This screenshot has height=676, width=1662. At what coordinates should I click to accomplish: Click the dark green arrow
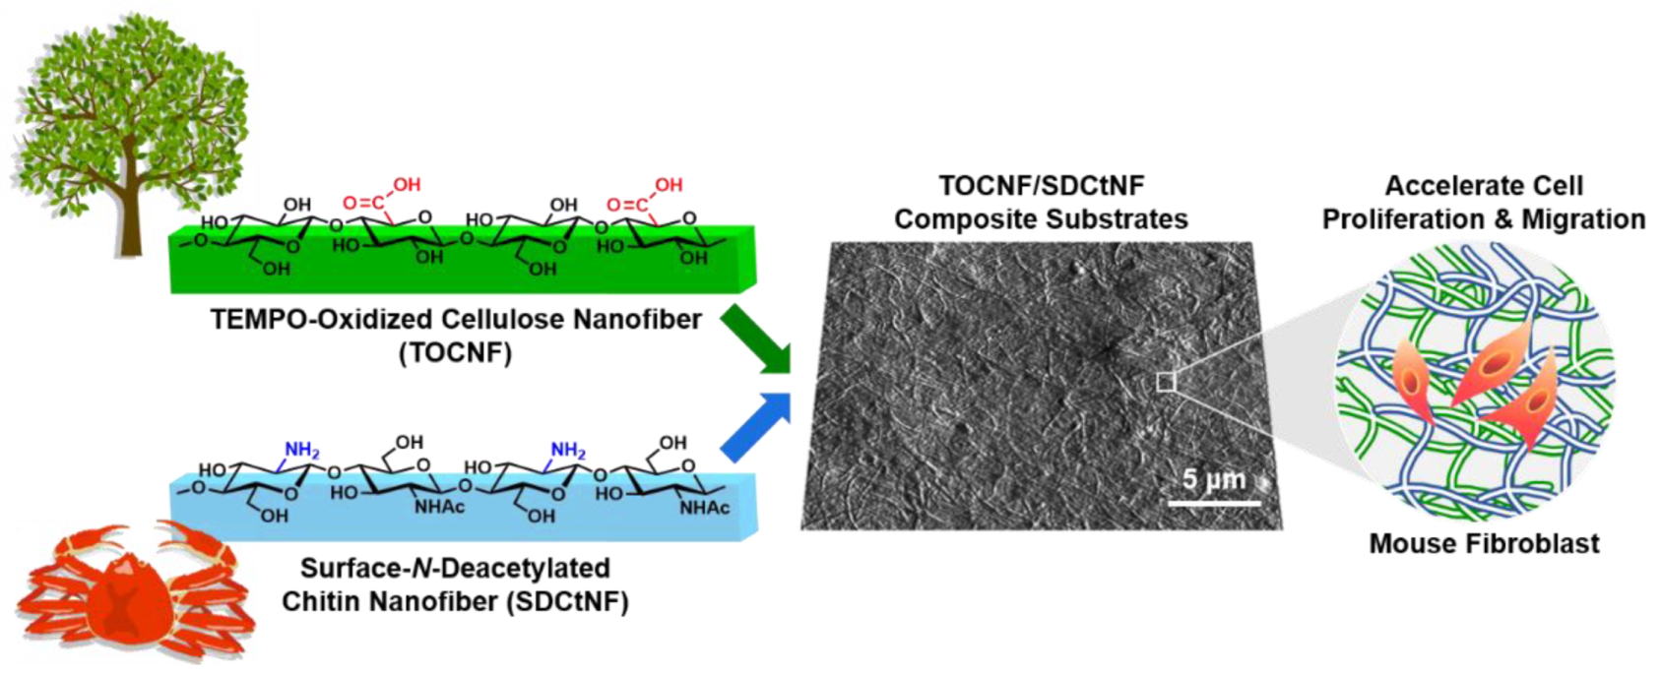tap(758, 340)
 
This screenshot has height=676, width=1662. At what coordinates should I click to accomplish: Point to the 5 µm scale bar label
tap(1213, 479)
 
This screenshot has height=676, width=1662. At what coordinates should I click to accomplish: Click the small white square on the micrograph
tap(1166, 381)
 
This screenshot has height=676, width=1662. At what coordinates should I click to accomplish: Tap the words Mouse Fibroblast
tap(1484, 543)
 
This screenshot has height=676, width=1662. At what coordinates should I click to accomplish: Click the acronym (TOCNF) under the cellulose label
tap(455, 352)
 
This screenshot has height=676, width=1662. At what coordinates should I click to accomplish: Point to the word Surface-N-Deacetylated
tap(455, 569)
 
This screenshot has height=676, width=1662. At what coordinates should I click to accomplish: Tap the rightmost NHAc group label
tap(705, 508)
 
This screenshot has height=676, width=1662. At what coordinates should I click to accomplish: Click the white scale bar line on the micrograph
tap(1214, 503)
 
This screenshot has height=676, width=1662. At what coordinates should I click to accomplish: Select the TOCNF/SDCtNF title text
tap(1041, 186)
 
